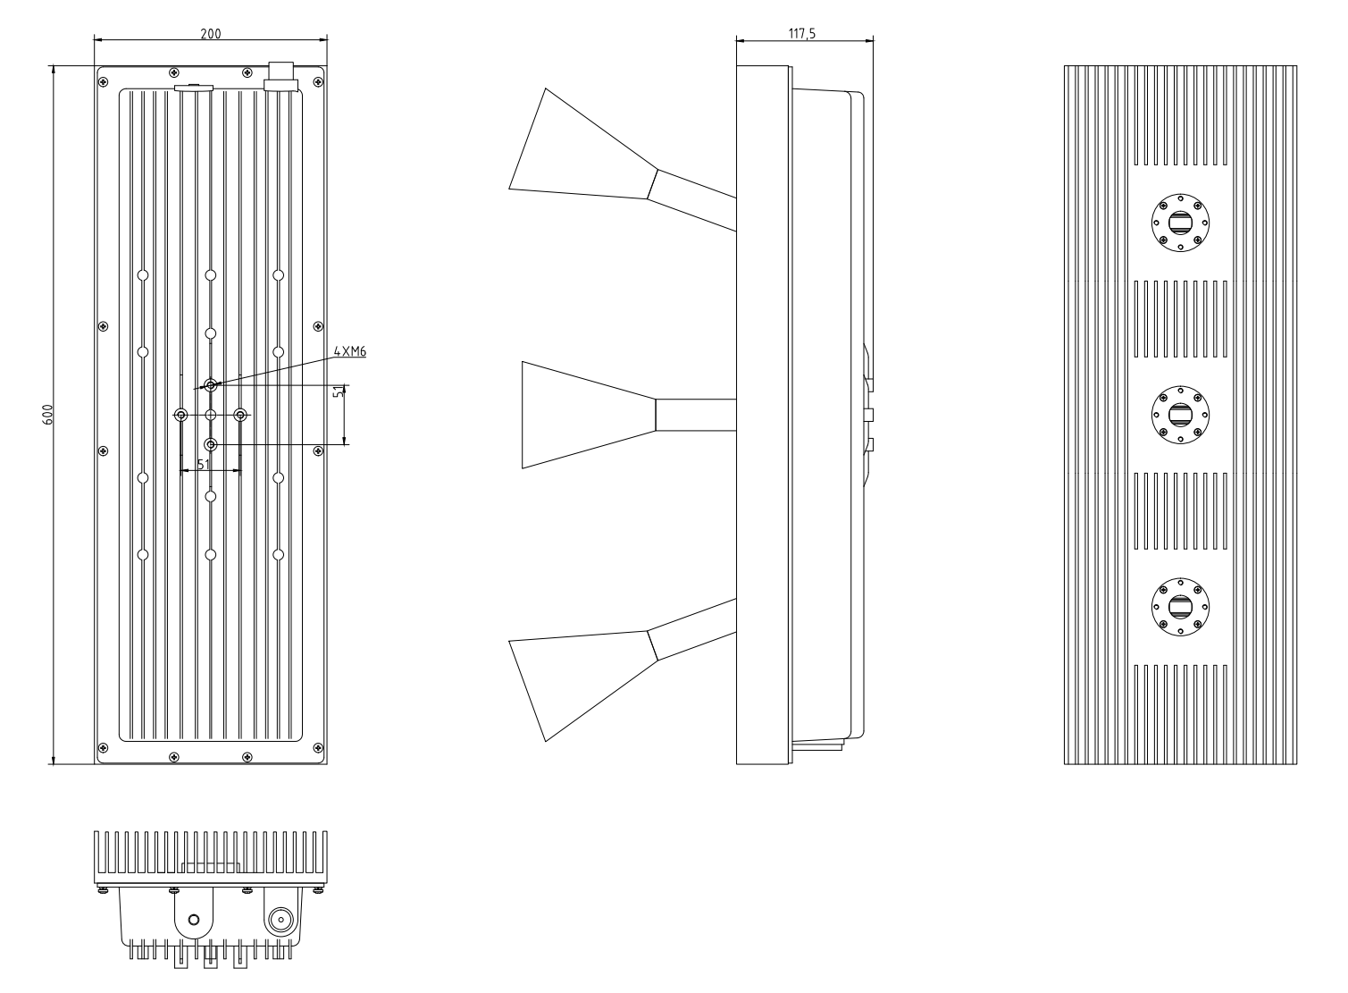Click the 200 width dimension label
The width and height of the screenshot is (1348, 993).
210,33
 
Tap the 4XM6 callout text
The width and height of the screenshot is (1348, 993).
350,352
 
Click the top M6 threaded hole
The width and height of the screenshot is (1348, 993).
211,385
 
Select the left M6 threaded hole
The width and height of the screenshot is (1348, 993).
181,415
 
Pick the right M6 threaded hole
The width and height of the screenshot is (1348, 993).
240,415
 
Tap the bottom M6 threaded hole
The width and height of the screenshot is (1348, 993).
211,444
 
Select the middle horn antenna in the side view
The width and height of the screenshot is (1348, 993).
590,415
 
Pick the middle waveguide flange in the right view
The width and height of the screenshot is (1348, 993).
1180,414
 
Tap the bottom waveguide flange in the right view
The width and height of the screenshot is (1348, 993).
1180,605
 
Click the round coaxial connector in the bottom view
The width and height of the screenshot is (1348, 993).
280,921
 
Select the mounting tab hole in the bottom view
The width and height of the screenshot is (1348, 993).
194,921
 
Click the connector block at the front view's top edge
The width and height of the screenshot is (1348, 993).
280,75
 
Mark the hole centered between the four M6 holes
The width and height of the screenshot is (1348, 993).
211,415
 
